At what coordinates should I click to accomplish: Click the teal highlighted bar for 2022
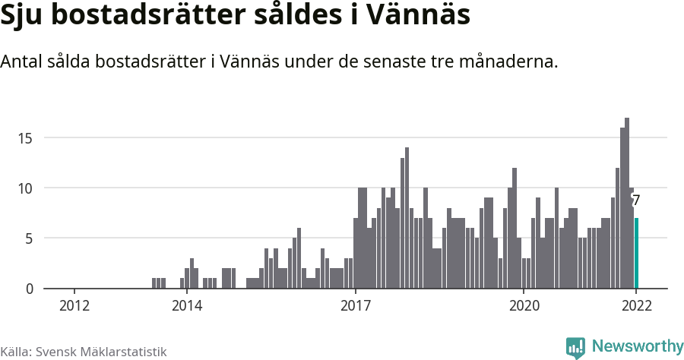(636, 253)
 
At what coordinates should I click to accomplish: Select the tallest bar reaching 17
(627, 203)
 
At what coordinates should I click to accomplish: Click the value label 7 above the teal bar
(636, 201)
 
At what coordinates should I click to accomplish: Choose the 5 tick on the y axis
(29, 238)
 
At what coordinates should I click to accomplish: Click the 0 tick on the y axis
(29, 289)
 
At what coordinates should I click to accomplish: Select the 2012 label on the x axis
(74, 306)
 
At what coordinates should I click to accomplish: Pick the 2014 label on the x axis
(187, 306)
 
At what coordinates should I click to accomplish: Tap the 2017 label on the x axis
(355, 306)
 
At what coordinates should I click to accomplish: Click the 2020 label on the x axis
(524, 306)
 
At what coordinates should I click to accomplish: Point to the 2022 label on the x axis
(636, 306)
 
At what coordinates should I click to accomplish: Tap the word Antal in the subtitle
(21, 62)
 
